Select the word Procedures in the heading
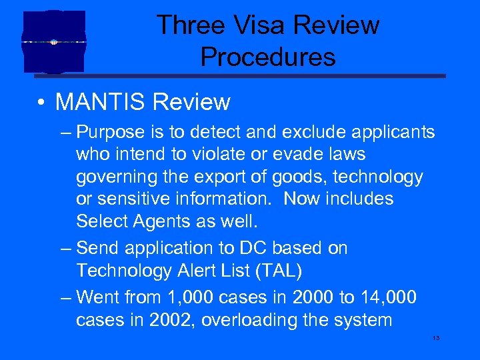268,57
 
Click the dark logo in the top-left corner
54,41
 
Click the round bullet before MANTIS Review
42,103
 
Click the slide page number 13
436,339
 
